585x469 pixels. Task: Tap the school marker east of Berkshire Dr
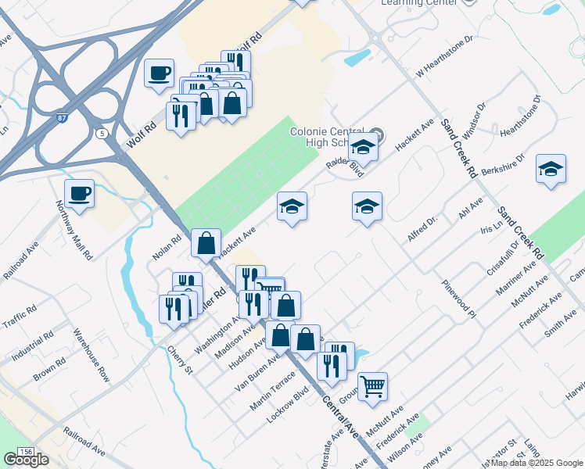point(551,170)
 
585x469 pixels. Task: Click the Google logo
point(26,460)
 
